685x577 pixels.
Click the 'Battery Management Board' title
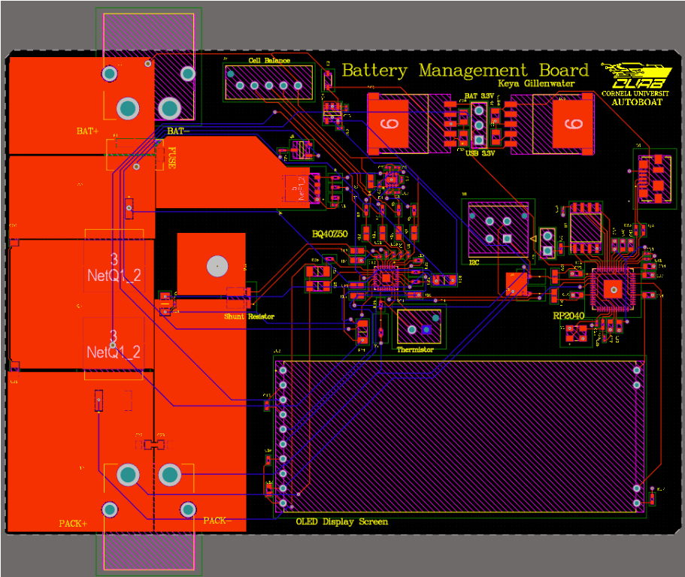click(465, 71)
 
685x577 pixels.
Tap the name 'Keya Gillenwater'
click(536, 83)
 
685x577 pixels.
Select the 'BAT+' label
click(87, 131)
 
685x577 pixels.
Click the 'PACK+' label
click(73, 524)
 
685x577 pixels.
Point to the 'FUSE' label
click(172, 159)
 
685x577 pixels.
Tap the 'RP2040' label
click(570, 316)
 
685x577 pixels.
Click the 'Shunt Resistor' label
click(249, 317)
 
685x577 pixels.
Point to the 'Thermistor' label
click(415, 350)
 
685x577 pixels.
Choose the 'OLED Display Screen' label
click(342, 521)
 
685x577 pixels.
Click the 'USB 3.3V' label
click(480, 153)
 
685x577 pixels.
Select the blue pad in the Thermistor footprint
click(426, 329)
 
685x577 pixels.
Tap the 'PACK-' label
click(215, 520)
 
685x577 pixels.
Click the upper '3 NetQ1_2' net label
click(114, 267)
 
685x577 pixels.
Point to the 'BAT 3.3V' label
click(479, 96)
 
